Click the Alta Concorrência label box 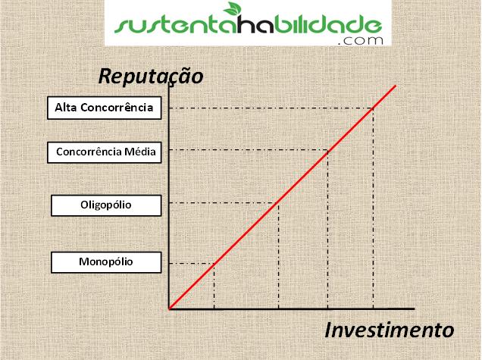(x=105, y=108)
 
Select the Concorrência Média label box (x=105, y=152)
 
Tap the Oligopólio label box (x=106, y=205)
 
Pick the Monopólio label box (x=106, y=262)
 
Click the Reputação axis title (x=151, y=77)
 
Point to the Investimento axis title (x=390, y=330)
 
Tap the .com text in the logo (x=360, y=41)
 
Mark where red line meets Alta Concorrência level (x=373, y=108)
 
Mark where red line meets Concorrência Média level (x=327, y=150)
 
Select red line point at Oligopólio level (x=278, y=202)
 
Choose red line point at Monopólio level (x=214, y=264)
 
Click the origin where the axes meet (x=169, y=308)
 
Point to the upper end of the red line (x=396, y=86)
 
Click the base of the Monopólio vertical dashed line (x=214, y=308)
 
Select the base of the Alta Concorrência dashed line (x=373, y=308)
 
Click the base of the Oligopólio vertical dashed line (x=278, y=308)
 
